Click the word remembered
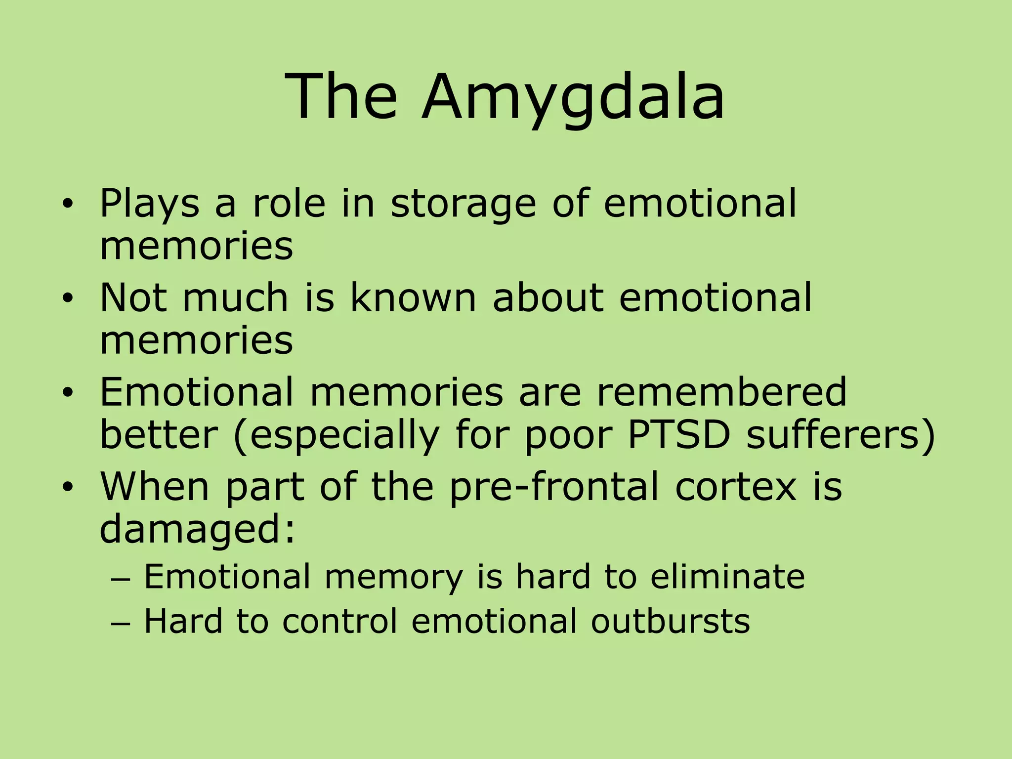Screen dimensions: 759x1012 [x=721, y=392]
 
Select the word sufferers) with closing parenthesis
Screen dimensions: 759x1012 [x=841, y=435]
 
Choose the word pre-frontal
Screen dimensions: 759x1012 [x=554, y=487]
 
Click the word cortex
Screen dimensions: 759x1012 [x=736, y=487]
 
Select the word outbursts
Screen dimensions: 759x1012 [x=670, y=621]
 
